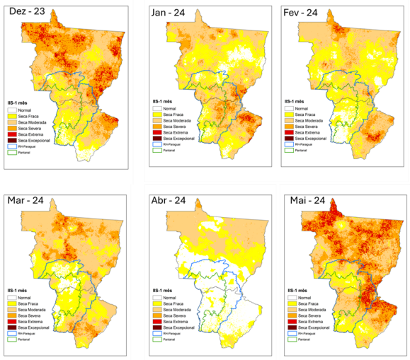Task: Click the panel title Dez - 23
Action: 26,12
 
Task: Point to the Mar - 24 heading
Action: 26,205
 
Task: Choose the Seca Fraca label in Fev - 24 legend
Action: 307,114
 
